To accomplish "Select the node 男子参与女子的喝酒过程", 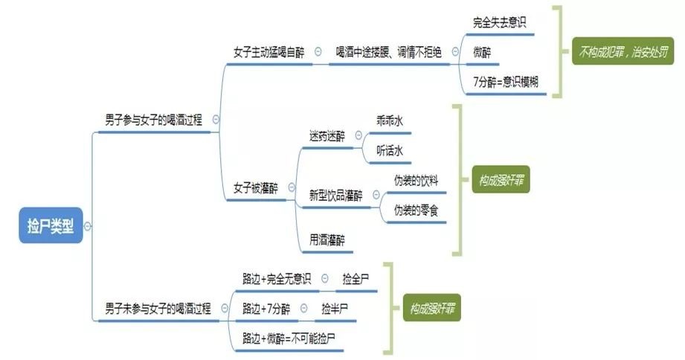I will (x=153, y=119).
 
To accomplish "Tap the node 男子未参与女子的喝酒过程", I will (x=158, y=308).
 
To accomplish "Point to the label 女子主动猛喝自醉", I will (x=270, y=52).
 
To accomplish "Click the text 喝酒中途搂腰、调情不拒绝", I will (x=388, y=52).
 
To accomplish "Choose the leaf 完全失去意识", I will (x=499, y=22).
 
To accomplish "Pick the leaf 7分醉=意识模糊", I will (x=509, y=81).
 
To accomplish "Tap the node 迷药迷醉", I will (x=327, y=136).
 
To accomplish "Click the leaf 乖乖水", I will (x=390, y=122).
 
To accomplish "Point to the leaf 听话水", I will (x=390, y=151).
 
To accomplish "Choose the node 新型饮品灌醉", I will (x=336, y=196).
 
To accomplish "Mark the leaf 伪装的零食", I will (x=416, y=210).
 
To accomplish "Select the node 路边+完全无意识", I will (x=276, y=279).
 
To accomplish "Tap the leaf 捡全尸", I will (x=356, y=279).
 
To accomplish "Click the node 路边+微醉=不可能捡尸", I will (x=289, y=338).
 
